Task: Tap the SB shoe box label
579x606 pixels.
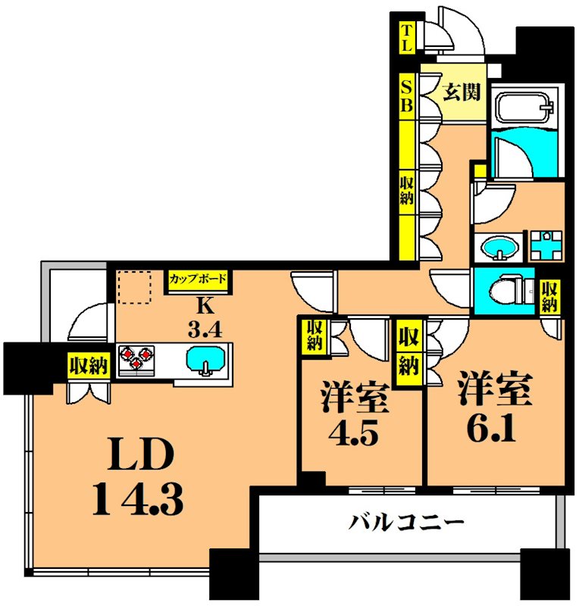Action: tap(407, 95)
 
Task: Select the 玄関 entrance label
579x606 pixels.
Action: tap(461, 93)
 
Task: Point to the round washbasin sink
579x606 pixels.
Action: tap(498, 248)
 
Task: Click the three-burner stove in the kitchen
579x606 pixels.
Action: tap(136, 358)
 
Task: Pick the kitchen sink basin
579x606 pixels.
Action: tap(205, 358)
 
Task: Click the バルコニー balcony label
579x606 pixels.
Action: tap(406, 522)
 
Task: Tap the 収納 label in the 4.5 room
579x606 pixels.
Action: tap(313, 335)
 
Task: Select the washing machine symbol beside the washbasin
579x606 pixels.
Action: tap(545, 245)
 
